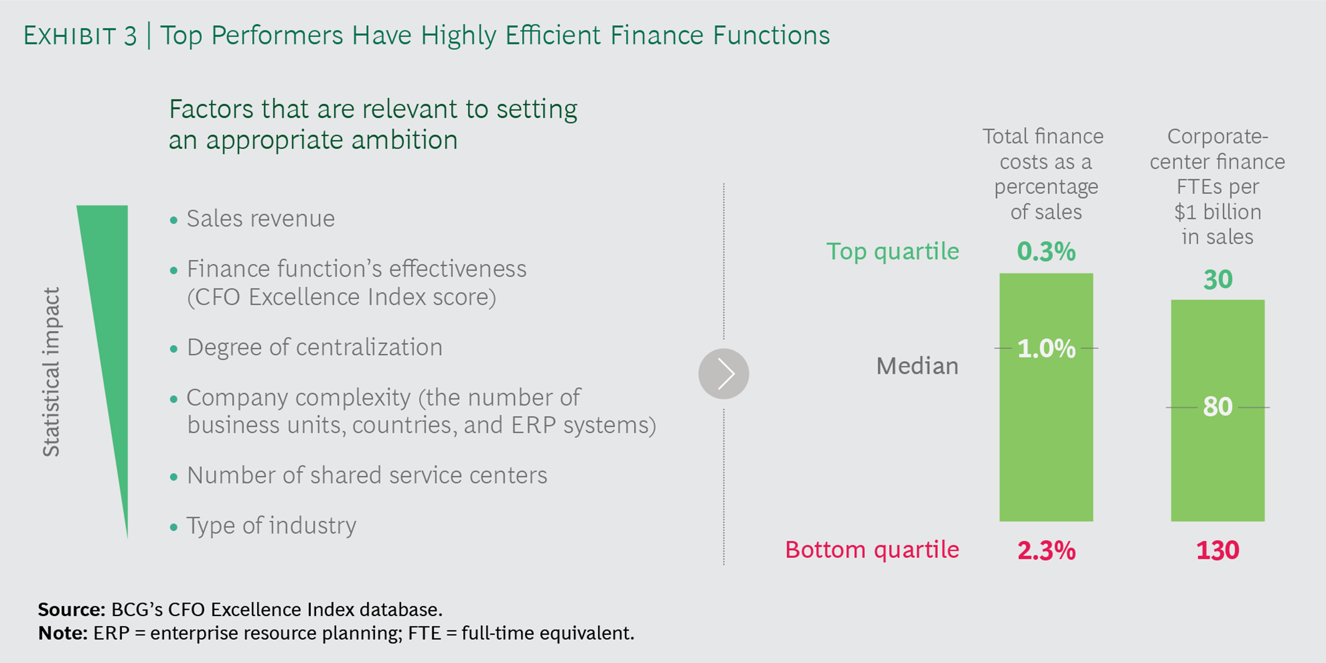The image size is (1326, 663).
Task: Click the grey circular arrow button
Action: click(x=723, y=374)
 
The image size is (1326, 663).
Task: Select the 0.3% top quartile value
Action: click(x=1046, y=252)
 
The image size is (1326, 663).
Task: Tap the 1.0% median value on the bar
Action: click(x=1046, y=348)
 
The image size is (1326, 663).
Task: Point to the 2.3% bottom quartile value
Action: click(x=1046, y=551)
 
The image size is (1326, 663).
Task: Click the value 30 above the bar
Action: click(x=1218, y=279)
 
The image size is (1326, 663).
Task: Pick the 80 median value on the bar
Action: click(x=1218, y=407)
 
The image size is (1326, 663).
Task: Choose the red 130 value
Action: click(x=1218, y=551)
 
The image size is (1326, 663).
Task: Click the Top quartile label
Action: click(x=893, y=252)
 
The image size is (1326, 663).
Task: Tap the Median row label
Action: click(x=918, y=366)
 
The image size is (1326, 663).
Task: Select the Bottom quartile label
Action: click(x=872, y=550)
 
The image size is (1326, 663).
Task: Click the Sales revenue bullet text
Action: click(x=260, y=219)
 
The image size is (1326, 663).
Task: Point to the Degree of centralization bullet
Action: click(x=314, y=347)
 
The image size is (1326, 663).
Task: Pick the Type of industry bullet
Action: click(x=271, y=525)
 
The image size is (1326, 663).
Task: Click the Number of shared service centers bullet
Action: click(x=367, y=475)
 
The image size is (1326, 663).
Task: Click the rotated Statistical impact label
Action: click(x=51, y=372)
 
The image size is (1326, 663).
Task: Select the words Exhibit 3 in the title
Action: click(x=80, y=36)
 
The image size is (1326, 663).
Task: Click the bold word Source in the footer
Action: click(x=72, y=609)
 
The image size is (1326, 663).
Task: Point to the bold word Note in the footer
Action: click(x=63, y=633)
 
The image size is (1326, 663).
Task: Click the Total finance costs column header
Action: click(x=1045, y=174)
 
